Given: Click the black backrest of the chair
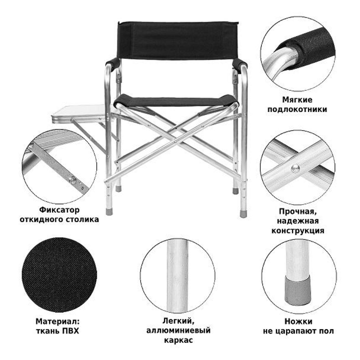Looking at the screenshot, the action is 178,41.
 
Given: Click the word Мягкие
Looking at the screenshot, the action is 297,100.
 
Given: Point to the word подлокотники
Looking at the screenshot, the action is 297,109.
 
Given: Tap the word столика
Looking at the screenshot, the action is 83,220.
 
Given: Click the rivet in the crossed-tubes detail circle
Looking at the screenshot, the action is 295,169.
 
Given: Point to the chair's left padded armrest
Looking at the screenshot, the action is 113,65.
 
